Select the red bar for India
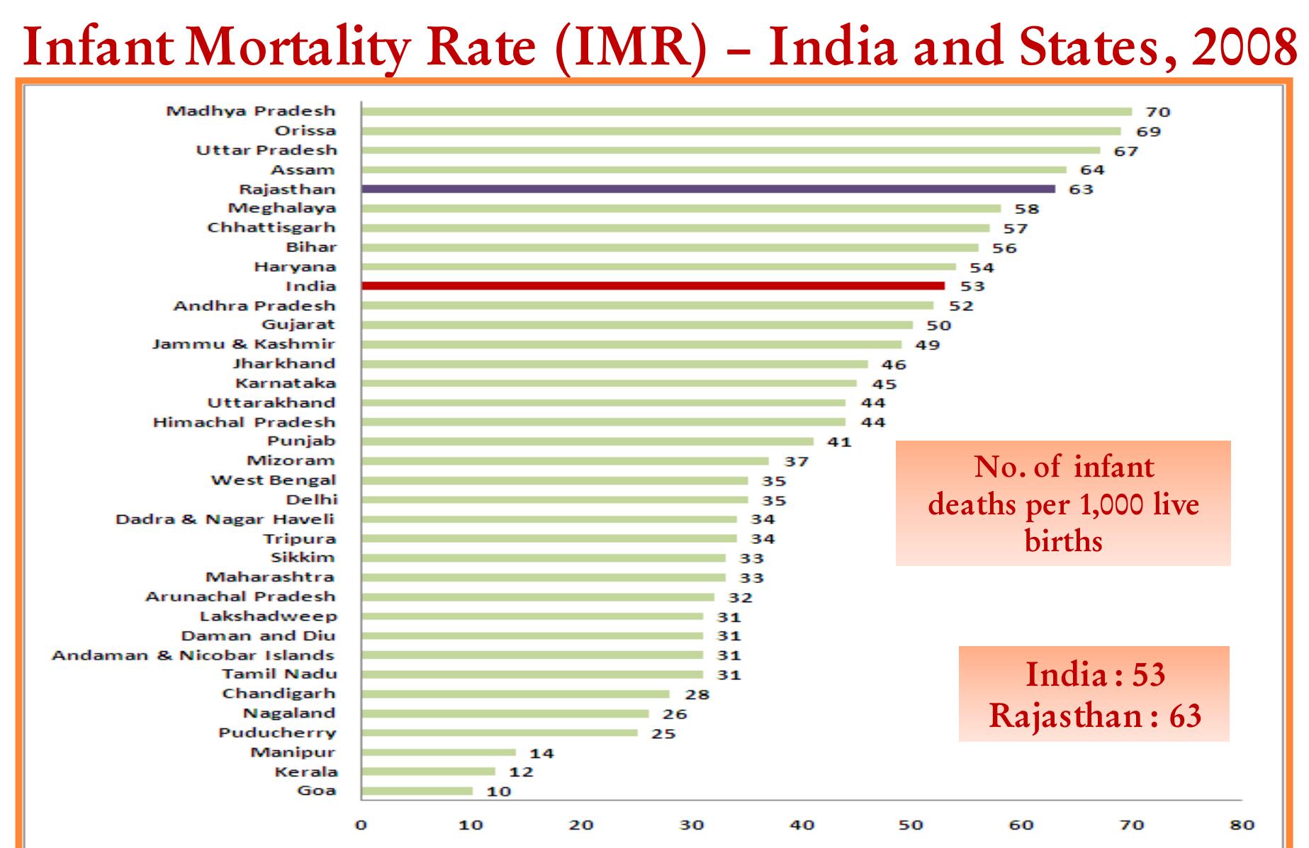click(x=652, y=286)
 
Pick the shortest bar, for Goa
click(x=417, y=791)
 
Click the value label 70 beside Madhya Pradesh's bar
click(x=1158, y=112)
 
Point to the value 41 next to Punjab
click(x=839, y=442)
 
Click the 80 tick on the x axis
click(x=1242, y=825)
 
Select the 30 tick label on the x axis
click(x=691, y=825)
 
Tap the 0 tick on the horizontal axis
click(x=361, y=825)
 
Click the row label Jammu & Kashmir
click(x=244, y=344)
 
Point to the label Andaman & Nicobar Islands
click(x=193, y=655)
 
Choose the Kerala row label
click(x=306, y=771)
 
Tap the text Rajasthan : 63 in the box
click(x=1095, y=716)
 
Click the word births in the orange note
click(x=1063, y=541)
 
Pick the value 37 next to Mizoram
click(x=796, y=461)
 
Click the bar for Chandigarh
click(x=515, y=694)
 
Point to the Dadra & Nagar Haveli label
click(x=225, y=519)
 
